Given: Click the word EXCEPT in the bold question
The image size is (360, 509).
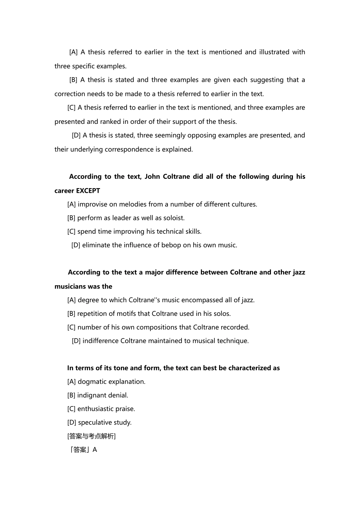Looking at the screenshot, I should [88, 190].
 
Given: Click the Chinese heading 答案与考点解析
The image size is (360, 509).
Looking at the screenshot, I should [91, 436].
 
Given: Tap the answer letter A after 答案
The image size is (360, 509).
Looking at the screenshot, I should [95, 450].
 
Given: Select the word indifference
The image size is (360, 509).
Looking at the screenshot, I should [100, 340].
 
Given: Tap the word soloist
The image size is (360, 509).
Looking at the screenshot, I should [173, 218].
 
